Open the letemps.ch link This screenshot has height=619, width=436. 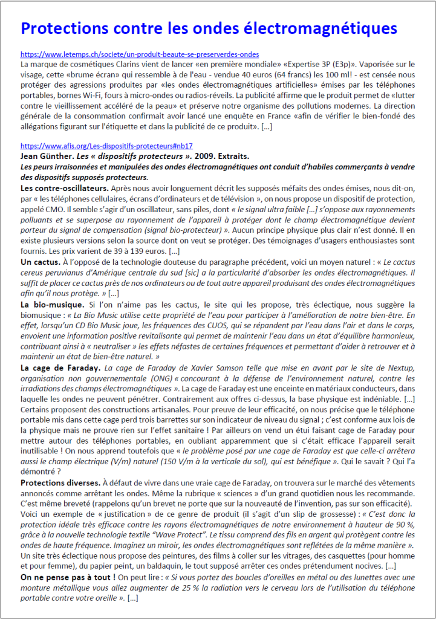[x=140, y=54]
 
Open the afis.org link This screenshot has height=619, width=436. [x=106, y=146]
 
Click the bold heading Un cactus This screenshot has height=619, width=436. [x=40, y=262]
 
